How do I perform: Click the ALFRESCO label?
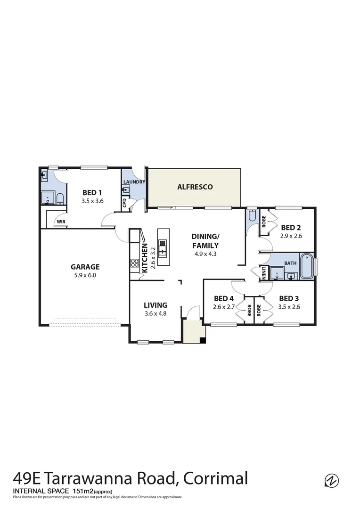195,187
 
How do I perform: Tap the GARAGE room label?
85,267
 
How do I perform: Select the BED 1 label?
92,192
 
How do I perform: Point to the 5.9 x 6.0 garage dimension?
85,275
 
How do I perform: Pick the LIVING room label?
155,305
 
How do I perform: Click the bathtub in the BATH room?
306,266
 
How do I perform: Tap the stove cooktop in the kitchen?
134,264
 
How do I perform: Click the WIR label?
61,221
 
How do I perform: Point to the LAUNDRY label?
134,182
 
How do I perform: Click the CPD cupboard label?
124,203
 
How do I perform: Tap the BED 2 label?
291,227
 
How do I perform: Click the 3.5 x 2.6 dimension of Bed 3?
289,307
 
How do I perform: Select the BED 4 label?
223,298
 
